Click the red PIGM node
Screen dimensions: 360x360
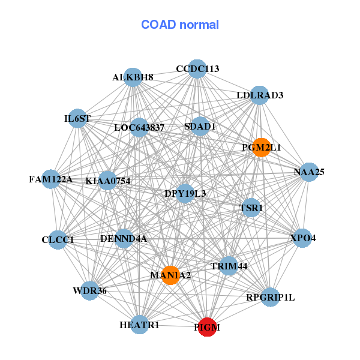207,327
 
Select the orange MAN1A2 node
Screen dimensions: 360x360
170,275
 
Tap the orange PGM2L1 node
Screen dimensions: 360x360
261,147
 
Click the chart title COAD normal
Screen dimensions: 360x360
180,25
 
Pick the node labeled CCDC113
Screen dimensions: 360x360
197,69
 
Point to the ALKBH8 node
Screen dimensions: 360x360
133,77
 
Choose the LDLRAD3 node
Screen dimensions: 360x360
259,95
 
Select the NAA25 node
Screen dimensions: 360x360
308,172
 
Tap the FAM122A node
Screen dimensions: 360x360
51,179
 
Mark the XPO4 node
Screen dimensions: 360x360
302,238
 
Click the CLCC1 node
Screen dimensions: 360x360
58,240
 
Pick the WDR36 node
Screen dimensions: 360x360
89,291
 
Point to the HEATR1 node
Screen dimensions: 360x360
139,325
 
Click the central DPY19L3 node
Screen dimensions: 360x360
185,193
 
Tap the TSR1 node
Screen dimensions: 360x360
251,208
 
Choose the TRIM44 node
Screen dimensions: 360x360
229,265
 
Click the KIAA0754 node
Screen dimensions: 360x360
108,181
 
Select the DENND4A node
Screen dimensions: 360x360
124,239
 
